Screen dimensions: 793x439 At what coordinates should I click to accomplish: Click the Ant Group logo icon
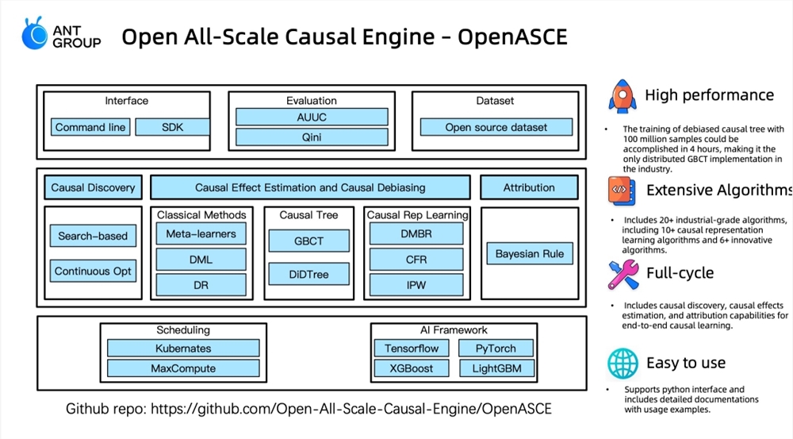click(35, 33)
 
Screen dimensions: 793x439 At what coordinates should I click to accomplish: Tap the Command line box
click(90, 127)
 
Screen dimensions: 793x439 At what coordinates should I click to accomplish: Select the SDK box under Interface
click(172, 127)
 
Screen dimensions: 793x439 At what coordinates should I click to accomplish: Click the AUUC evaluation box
click(312, 117)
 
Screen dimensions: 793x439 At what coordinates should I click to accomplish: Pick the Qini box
click(312, 137)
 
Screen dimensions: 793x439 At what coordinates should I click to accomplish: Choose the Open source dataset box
click(496, 127)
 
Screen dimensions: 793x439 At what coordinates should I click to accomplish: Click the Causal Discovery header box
click(93, 187)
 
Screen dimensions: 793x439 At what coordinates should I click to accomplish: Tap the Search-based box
click(93, 236)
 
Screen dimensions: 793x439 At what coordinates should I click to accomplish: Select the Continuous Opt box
click(93, 271)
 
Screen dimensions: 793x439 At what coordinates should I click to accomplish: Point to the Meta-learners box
click(201, 234)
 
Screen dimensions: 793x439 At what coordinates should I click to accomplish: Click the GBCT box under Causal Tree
click(309, 241)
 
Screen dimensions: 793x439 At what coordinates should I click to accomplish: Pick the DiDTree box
click(309, 274)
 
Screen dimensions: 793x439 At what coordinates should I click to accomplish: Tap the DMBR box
click(416, 234)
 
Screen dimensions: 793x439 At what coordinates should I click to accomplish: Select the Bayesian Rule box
click(530, 254)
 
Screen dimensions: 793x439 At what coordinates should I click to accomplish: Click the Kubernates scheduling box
click(183, 349)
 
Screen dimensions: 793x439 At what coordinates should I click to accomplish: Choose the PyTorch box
click(496, 349)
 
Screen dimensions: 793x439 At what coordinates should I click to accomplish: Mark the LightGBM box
click(496, 368)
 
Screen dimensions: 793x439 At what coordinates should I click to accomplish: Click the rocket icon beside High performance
click(623, 95)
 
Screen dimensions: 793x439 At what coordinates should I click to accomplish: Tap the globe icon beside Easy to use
click(623, 363)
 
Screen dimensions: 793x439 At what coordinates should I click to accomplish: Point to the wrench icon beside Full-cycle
click(623, 274)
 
